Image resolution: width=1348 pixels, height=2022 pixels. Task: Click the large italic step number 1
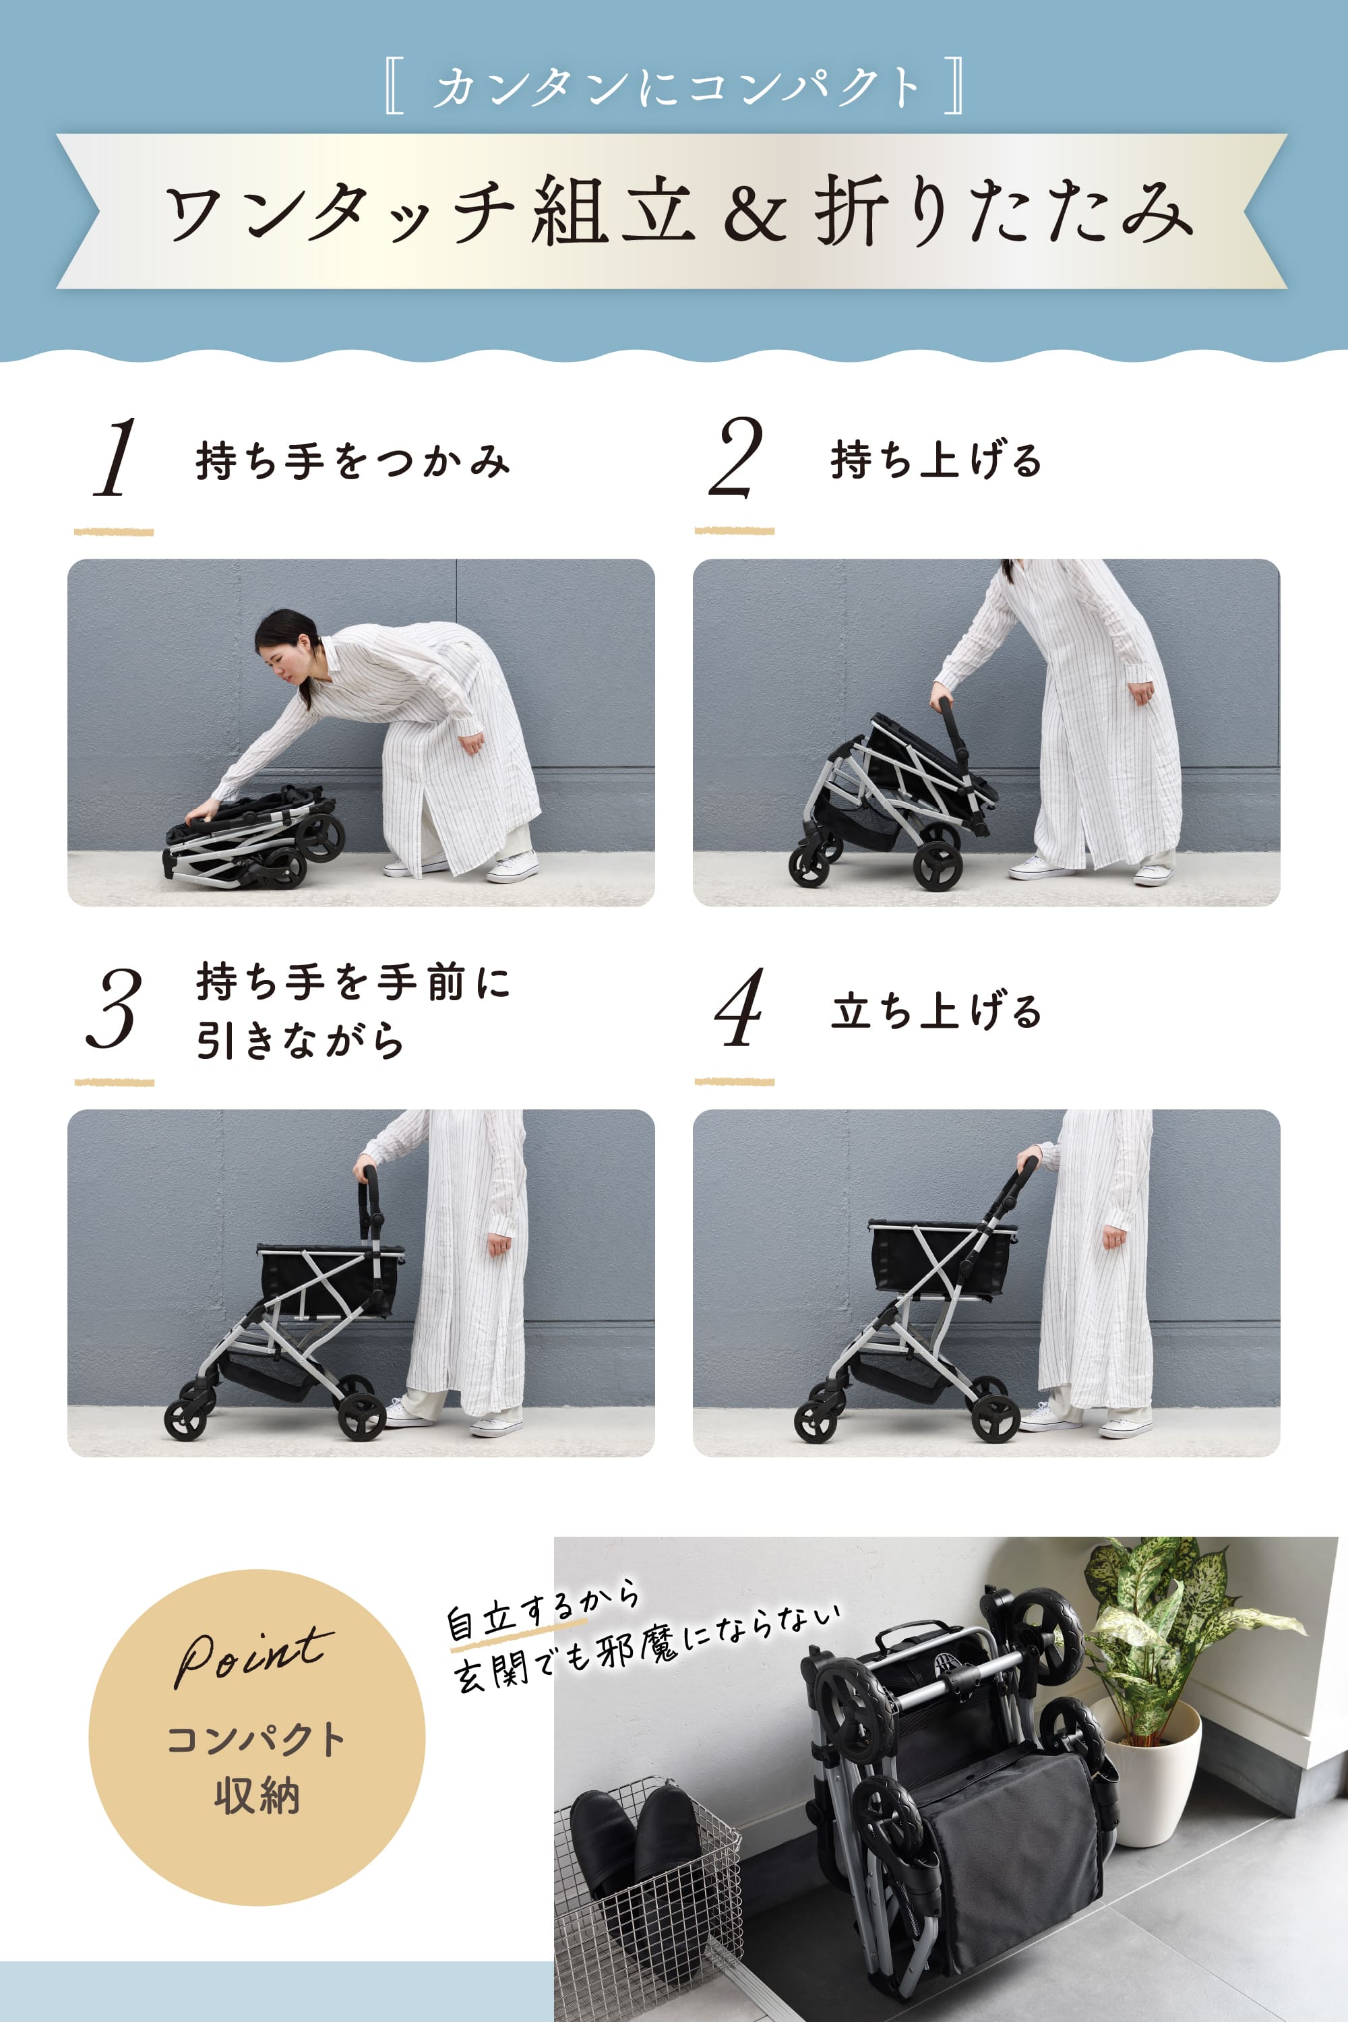coord(117,458)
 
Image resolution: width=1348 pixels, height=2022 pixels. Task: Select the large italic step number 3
coord(115,1008)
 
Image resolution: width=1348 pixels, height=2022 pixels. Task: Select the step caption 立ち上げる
coord(936,1011)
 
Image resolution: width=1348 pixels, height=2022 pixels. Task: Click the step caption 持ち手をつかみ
coord(353,461)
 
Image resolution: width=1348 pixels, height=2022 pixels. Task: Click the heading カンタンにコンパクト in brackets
coord(675,87)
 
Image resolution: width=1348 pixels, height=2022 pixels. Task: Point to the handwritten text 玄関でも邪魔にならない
coord(645,1651)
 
